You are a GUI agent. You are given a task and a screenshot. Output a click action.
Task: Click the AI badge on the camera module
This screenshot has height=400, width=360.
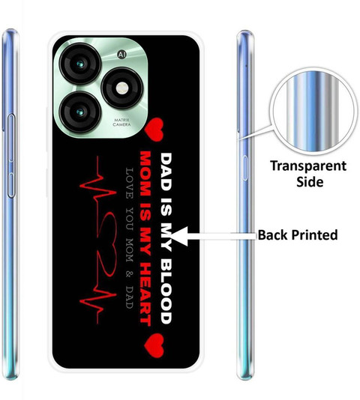point(121,55)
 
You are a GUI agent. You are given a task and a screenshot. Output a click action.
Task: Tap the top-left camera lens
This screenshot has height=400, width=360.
point(80,64)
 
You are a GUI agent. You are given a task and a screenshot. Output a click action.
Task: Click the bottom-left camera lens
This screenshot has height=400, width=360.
point(80,112)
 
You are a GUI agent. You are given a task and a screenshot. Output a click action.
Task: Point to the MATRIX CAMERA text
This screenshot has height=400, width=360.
point(121,122)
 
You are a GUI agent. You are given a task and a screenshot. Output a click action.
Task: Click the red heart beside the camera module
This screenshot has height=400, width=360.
point(154,130)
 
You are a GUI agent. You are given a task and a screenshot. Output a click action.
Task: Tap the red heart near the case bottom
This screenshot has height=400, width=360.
point(154,345)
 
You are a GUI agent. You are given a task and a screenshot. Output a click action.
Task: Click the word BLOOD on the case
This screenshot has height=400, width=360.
point(166,291)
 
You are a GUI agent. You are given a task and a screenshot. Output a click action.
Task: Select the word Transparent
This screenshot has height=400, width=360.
point(308,166)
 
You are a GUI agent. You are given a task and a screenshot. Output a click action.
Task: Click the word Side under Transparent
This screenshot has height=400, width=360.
point(310,182)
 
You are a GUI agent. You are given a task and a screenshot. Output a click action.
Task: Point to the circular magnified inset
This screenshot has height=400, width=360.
point(312,111)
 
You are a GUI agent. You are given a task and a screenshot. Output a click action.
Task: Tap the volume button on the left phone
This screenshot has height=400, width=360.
point(11,156)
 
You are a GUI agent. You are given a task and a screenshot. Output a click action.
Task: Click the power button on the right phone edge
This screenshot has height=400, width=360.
point(244,168)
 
